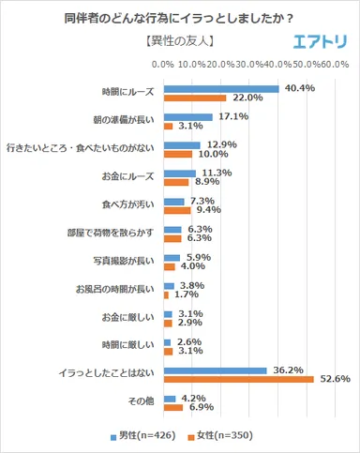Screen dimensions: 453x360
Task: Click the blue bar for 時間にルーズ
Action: click(221, 89)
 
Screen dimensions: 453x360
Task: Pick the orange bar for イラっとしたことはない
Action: click(238, 379)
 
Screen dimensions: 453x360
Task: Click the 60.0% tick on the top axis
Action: click(337, 65)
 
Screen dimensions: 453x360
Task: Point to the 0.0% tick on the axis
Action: click(164, 65)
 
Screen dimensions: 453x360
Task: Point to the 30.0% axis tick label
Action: click(250, 65)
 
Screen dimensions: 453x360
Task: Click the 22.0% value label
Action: click(245, 98)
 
